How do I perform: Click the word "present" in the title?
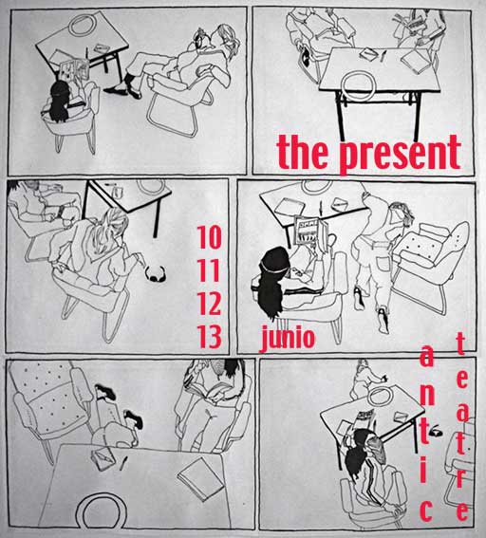point(401,154)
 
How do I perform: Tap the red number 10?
point(209,237)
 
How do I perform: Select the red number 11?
point(209,270)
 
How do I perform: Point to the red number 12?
point(209,304)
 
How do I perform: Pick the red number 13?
point(209,337)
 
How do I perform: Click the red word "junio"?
point(288,338)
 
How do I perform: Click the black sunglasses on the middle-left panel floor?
point(155,274)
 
